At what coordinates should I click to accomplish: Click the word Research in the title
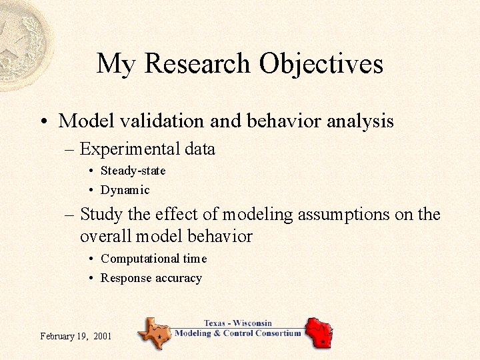coord(198,64)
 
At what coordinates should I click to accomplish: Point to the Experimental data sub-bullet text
coord(147,149)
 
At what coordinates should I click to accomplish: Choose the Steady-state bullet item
coord(133,171)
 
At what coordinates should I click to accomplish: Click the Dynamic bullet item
coord(125,190)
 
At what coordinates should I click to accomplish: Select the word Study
coord(99,215)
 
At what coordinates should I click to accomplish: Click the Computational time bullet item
coord(153,259)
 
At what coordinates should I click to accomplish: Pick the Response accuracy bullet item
coord(151,278)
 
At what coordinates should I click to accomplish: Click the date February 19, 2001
coord(75,336)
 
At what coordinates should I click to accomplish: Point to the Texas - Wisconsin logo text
coord(237,324)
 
